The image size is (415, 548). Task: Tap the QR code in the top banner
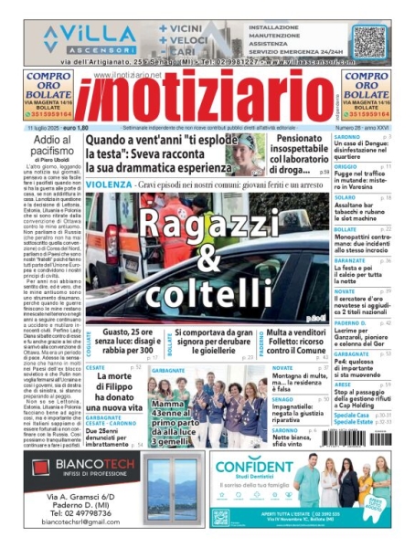tap(369, 42)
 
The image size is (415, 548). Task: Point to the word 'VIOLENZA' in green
tap(109, 184)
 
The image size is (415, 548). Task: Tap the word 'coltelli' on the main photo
tap(208, 294)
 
